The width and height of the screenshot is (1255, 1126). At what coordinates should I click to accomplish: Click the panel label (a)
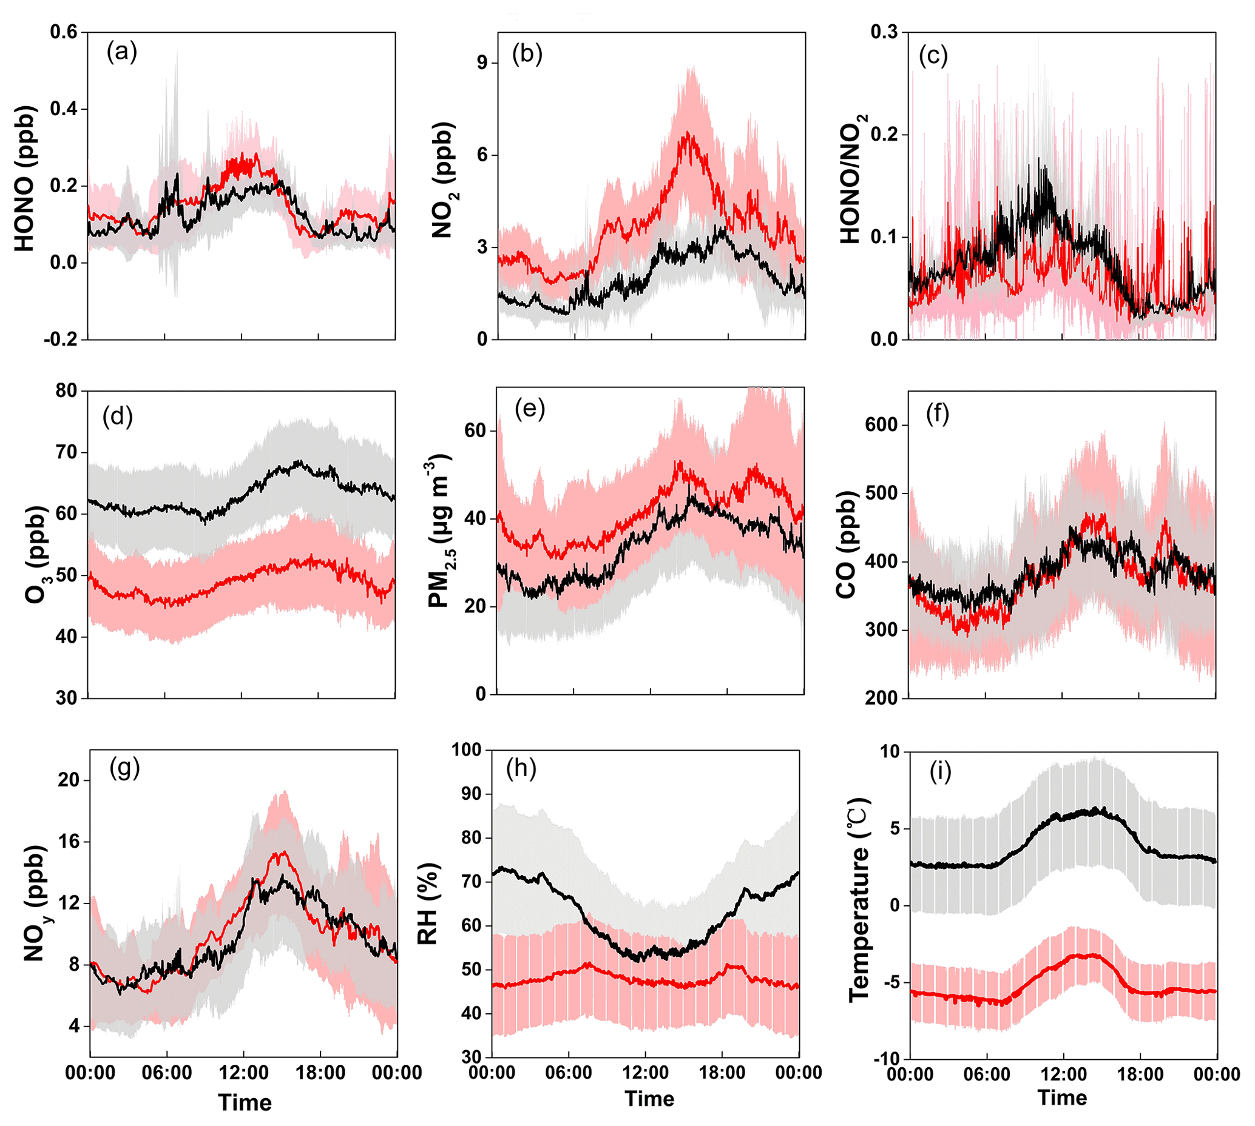[x=121, y=52]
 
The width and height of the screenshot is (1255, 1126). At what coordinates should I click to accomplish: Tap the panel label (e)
[x=529, y=409]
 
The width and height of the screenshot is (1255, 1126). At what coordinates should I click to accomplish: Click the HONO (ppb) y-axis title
[x=25, y=179]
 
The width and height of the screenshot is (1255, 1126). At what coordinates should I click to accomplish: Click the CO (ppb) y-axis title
[x=846, y=545]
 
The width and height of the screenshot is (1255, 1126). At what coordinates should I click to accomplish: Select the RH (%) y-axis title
[x=428, y=904]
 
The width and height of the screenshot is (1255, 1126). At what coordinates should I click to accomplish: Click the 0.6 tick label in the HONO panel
[x=64, y=32]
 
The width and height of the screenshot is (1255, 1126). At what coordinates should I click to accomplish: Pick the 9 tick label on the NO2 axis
[x=482, y=62]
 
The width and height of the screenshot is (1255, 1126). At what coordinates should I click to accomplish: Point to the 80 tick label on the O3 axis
[x=66, y=391]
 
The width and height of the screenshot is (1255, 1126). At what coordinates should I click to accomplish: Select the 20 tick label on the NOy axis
[x=69, y=780]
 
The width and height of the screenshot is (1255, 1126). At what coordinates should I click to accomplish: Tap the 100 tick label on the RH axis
[x=466, y=750]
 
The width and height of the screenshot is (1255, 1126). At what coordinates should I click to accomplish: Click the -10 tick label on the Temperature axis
[x=887, y=1059]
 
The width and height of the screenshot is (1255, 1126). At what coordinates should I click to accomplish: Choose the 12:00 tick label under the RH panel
[x=645, y=1072]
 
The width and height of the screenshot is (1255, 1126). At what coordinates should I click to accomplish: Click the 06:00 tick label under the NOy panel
[x=166, y=1073]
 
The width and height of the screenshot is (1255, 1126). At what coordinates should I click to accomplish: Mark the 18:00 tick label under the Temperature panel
[x=1140, y=1074]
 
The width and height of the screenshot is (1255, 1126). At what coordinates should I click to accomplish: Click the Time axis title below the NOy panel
[x=245, y=1102]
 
